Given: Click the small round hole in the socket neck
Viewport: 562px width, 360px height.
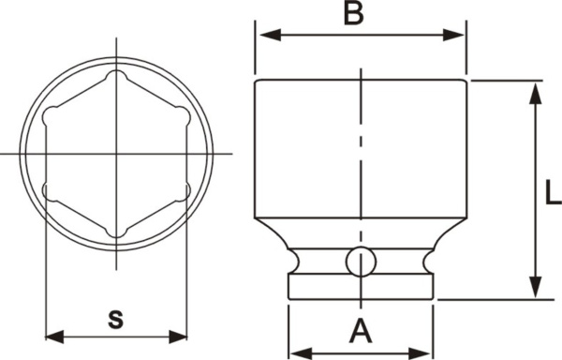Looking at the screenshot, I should coord(359,262).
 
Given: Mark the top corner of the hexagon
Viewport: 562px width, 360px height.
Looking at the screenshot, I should coord(116,75).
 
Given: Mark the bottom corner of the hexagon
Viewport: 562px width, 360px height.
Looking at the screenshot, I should coord(116,232).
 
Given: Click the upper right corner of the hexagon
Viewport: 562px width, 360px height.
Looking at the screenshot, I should coord(185,114).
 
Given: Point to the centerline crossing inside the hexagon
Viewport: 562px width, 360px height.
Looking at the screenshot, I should coord(116,153).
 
